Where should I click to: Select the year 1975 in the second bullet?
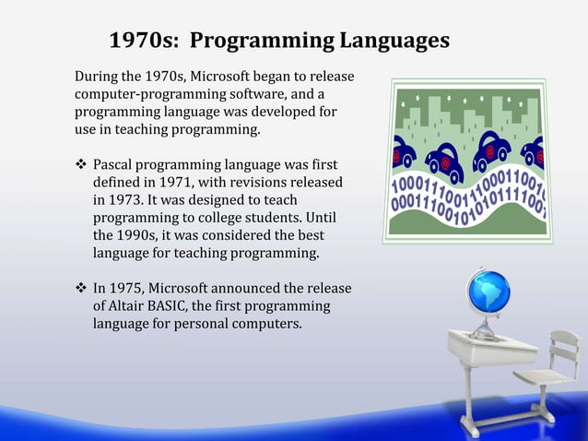tap(127, 290)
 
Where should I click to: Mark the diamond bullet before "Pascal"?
tap(79, 165)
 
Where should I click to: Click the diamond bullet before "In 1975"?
tap(79, 290)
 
